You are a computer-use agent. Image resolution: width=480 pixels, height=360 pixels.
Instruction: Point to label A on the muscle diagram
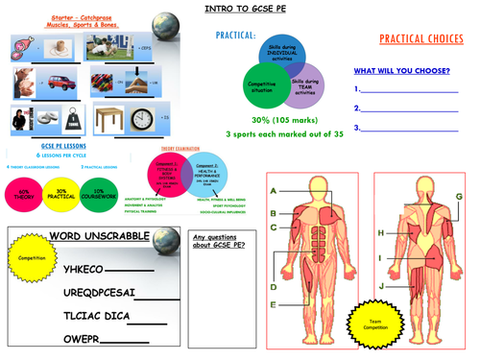(274, 192)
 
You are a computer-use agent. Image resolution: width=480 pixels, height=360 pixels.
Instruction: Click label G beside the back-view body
(459, 197)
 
